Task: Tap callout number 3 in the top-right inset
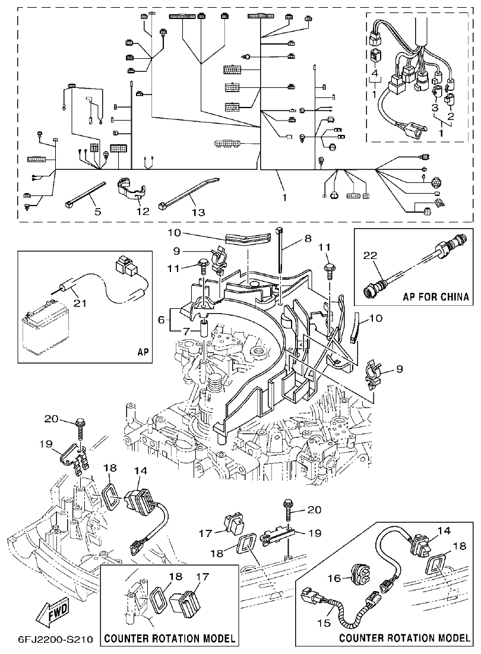[x=434, y=108]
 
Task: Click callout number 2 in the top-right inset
[x=451, y=116]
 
